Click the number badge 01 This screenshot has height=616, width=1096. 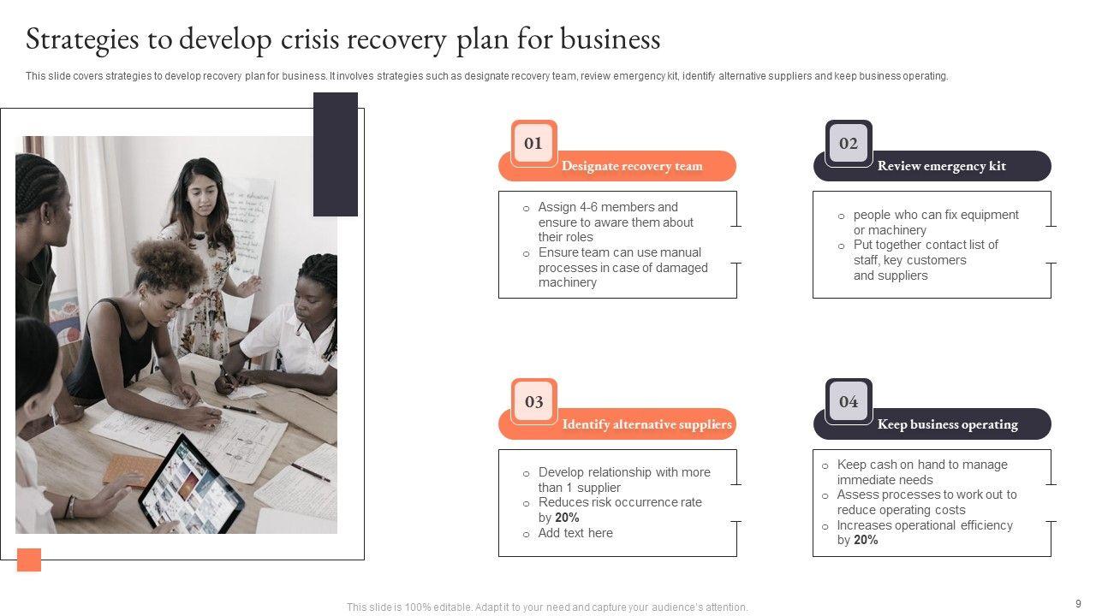(533, 143)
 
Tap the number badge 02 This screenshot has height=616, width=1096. (848, 143)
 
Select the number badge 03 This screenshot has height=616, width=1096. (533, 401)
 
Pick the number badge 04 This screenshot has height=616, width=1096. (848, 401)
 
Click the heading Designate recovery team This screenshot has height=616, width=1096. (631, 166)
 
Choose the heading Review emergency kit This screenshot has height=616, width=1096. (941, 166)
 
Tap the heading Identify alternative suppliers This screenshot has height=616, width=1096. (646, 424)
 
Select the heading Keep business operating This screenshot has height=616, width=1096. (947, 424)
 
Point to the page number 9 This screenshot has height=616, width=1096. (1078, 603)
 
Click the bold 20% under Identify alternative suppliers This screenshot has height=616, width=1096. (567, 518)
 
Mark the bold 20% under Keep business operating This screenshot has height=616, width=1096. (866, 540)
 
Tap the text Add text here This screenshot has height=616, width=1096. (575, 533)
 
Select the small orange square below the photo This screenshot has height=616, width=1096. (29, 560)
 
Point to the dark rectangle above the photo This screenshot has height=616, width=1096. (336, 154)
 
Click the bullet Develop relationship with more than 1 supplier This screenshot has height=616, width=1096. (623, 479)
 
